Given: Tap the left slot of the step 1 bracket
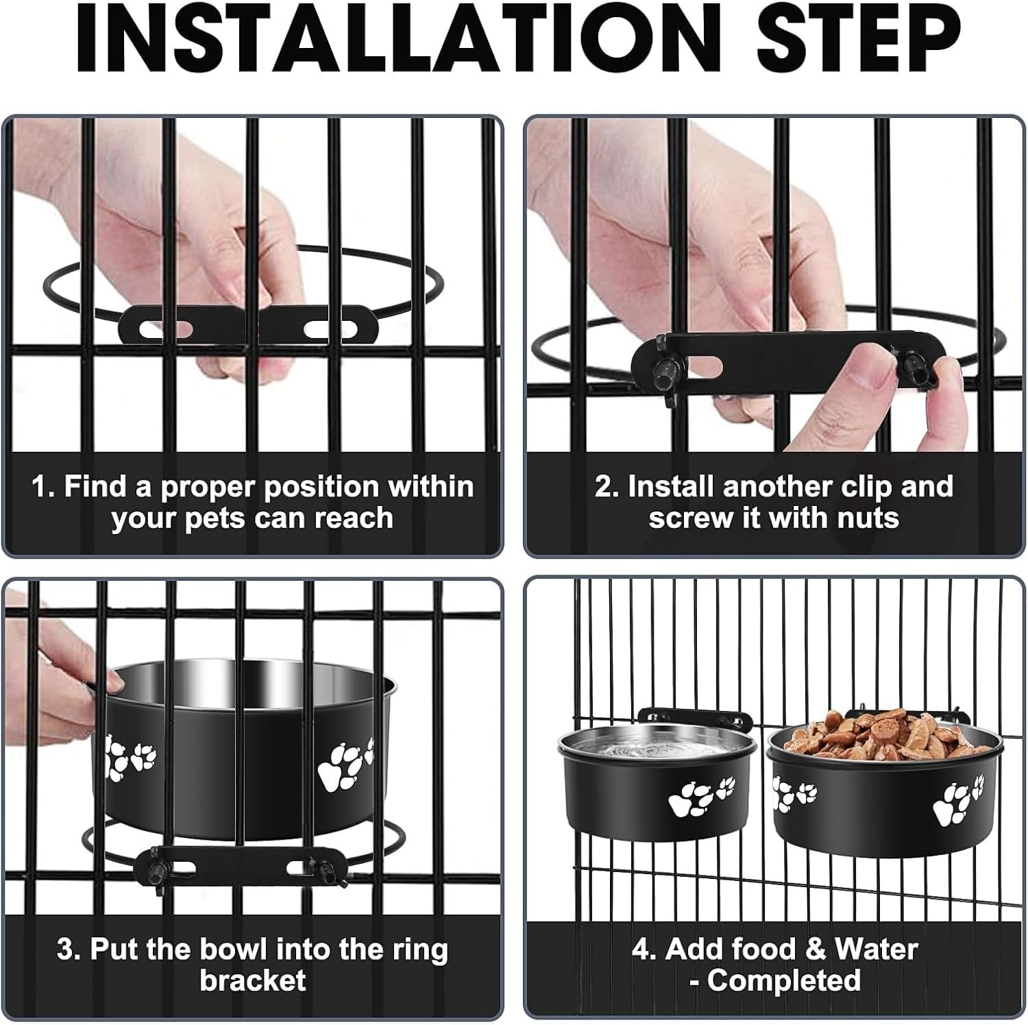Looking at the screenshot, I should click(x=165, y=328).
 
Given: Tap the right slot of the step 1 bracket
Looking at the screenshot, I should click(x=326, y=329).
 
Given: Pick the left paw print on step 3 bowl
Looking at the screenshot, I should click(x=130, y=758).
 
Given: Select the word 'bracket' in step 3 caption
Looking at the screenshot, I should click(x=252, y=980).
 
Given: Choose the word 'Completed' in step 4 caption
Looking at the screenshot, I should click(x=783, y=980).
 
